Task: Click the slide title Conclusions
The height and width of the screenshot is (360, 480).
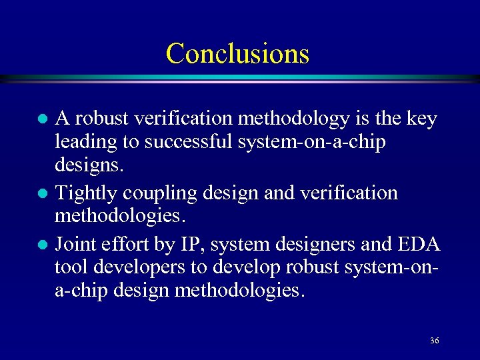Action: pyautogui.click(x=237, y=53)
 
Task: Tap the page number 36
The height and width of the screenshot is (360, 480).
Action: pyautogui.click(x=434, y=341)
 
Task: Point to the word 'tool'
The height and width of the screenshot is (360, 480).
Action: pyautogui.click(x=71, y=267)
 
